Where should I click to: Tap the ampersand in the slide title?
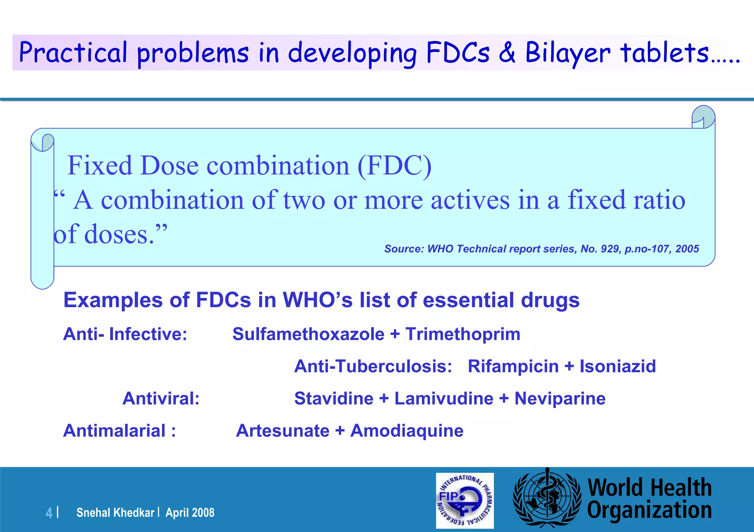coord(507,52)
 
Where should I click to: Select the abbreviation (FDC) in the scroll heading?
coord(395,166)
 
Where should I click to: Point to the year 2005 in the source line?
coord(687,249)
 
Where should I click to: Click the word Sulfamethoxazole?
coord(309,334)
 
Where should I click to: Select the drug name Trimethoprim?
coord(463,334)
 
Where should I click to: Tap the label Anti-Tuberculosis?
coord(373,366)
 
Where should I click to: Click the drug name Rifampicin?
coord(513,366)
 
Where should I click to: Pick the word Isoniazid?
coord(618,366)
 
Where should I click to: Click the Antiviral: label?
coord(161,399)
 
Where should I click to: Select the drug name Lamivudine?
coord(444,399)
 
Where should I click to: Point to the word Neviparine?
coord(560,399)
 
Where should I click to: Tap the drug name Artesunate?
coord(283,431)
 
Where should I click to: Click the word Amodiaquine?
coord(407,431)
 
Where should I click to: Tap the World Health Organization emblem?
coord(547,499)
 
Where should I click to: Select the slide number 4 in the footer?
coord(49,513)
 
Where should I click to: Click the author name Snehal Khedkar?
coord(115,513)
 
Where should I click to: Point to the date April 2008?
coord(190,513)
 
